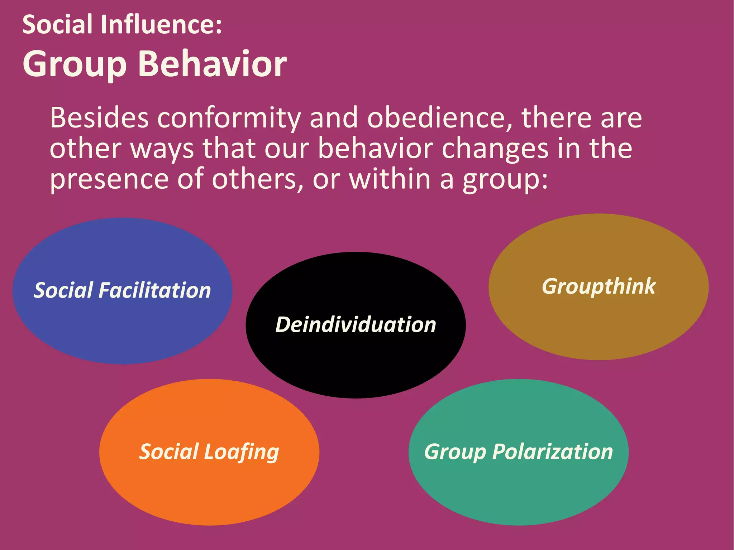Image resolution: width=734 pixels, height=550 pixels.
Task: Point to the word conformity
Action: coord(229,118)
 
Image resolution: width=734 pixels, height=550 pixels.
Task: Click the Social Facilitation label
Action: coord(122,290)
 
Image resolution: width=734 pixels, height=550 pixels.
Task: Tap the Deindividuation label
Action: coord(356,325)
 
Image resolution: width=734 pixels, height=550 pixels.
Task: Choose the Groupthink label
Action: coord(599,286)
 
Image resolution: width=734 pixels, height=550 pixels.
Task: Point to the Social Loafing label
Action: coord(209,452)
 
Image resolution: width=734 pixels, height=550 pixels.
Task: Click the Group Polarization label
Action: coord(518,452)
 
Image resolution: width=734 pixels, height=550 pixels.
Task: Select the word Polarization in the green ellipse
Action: coord(552,452)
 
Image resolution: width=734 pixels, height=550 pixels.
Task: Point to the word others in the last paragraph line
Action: coord(254,179)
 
